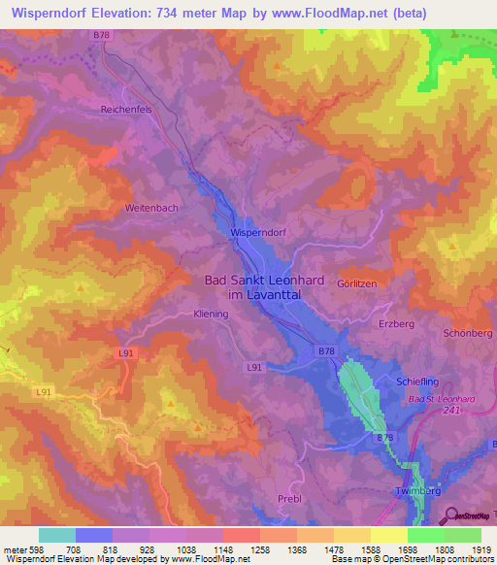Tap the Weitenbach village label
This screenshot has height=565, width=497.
(x=150, y=209)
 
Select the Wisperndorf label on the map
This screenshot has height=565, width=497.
(x=261, y=233)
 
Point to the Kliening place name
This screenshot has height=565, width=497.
(x=210, y=315)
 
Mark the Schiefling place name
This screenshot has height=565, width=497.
(x=420, y=382)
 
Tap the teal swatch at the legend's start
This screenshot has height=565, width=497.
(x=57, y=535)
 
